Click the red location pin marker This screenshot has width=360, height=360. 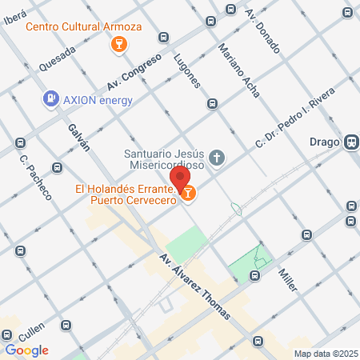pos(180,178)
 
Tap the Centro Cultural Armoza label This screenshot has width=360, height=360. pos(83,26)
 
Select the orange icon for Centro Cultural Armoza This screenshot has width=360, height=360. pos(118,43)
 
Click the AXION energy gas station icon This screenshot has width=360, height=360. pos(50,98)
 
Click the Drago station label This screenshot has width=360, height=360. pos(324,144)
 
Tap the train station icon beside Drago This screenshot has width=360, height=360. pos(350,144)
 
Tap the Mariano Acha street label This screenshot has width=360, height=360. pos(238,70)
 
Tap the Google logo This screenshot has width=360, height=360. pos(27,350)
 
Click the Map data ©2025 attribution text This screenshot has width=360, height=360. pos(325,354)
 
